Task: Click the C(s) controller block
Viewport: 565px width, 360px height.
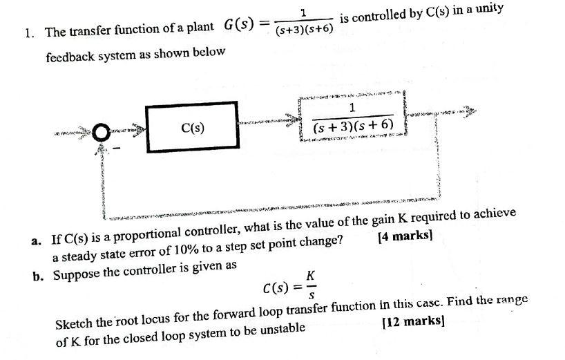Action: click(191, 128)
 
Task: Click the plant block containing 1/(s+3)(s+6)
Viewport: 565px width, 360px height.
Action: click(352, 118)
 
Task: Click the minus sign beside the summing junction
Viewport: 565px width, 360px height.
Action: click(116, 147)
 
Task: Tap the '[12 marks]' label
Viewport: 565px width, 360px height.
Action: click(412, 321)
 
